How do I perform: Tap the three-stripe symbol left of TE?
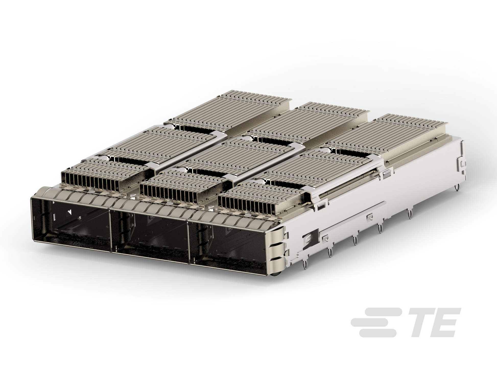(x=374, y=322)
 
